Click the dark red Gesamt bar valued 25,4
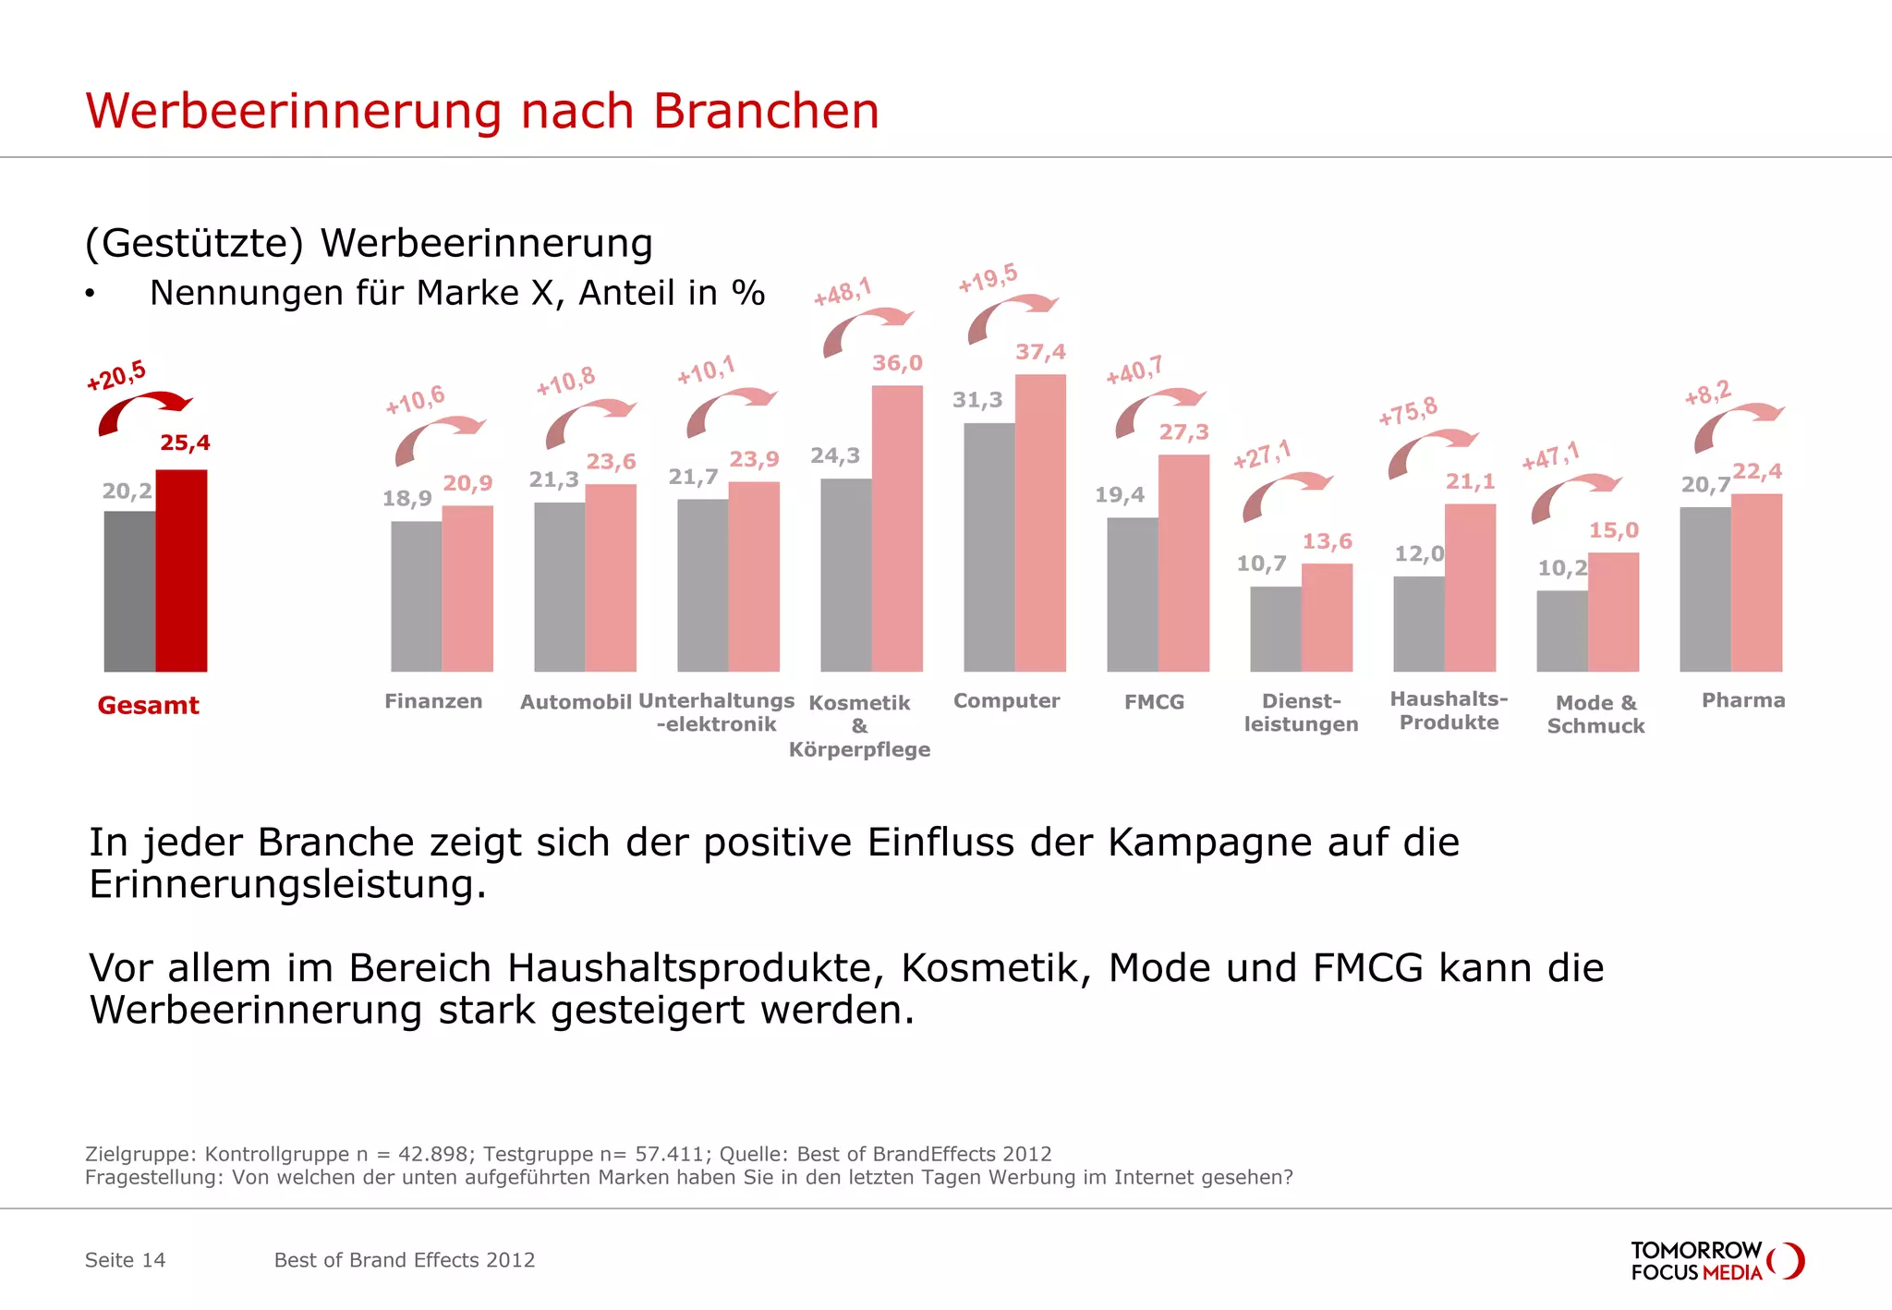coord(181,571)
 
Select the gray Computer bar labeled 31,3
coord(988,547)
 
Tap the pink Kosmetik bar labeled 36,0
coord(897,528)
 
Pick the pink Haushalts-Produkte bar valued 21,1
coord(1470,588)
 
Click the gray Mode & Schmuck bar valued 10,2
coord(1561,631)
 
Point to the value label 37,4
coord(1040,352)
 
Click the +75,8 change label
coord(1408,411)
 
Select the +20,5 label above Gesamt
coord(116,376)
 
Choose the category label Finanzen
coord(433,701)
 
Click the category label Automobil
coord(576,702)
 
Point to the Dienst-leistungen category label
coord(1301,712)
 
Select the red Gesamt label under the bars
coord(148,705)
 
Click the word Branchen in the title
coord(766,111)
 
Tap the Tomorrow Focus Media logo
coord(1716,1261)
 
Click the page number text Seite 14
coord(125,1260)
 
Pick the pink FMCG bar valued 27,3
coord(1183,563)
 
